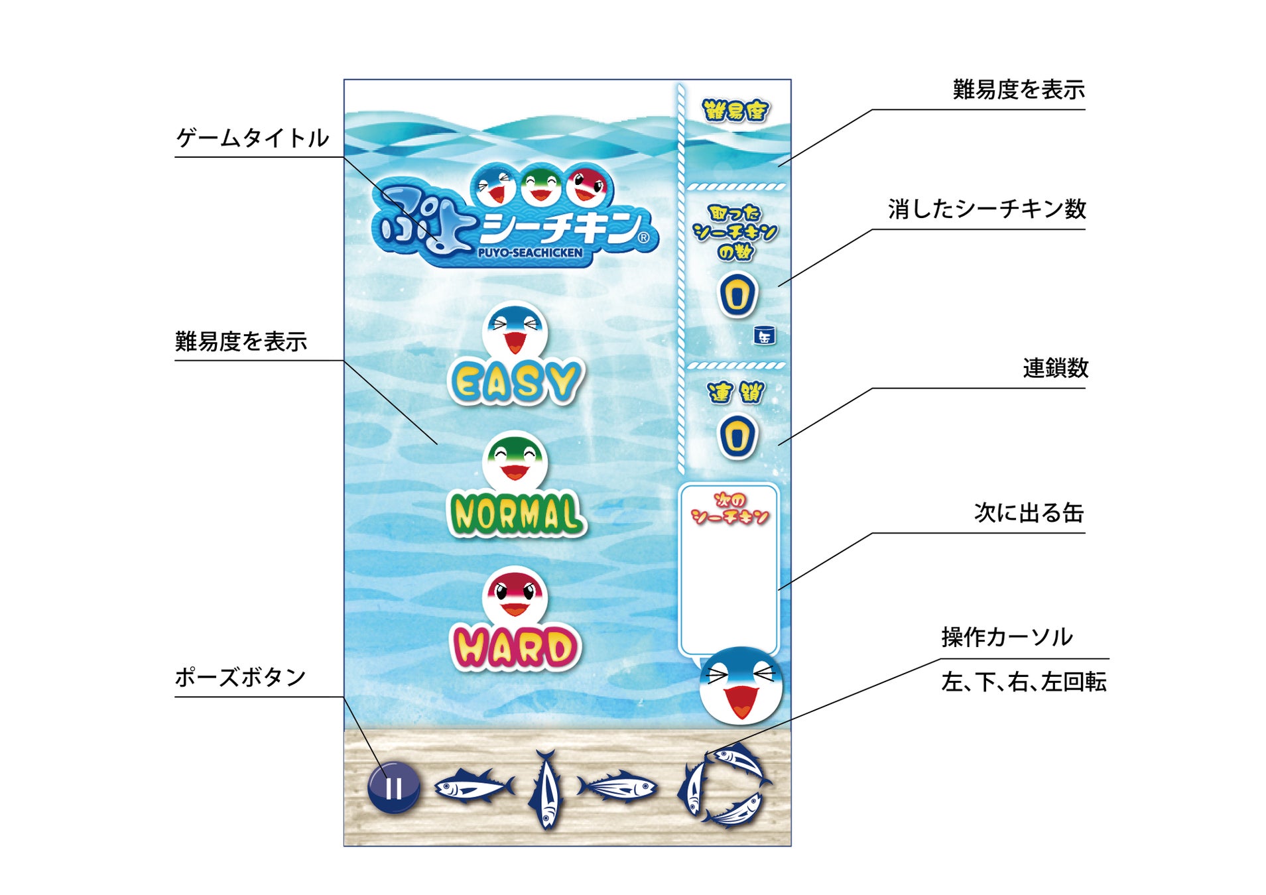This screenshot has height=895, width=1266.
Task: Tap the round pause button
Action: coord(393,787)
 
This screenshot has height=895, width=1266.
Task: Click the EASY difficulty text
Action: coord(516,383)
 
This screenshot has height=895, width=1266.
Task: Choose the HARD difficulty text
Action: coord(515,648)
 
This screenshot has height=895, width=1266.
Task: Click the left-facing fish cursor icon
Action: coord(474,786)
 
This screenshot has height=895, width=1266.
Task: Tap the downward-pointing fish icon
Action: coord(546,789)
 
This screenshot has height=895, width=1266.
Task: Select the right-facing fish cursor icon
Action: coord(617,787)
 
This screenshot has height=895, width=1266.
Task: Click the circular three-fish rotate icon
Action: coord(724,786)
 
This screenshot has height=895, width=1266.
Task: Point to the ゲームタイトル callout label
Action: coord(253,139)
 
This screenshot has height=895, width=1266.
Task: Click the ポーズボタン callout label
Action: coord(240,678)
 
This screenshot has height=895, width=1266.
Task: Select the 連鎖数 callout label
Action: coord(1055,368)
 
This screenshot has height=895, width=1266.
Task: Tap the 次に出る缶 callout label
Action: coord(1029,512)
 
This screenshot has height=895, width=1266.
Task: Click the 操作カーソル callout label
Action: coord(1007,637)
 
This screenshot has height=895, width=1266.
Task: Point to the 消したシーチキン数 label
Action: coord(987,209)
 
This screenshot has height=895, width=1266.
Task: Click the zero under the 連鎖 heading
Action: coord(737,437)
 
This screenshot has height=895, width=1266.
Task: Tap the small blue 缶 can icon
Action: coord(765,335)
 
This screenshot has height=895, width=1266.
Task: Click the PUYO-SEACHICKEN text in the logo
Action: coord(530,253)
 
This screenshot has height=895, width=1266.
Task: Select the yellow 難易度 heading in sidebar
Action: coord(735,111)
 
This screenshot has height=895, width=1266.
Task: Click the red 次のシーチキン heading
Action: coord(729,508)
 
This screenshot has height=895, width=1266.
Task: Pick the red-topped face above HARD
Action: coord(515,595)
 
